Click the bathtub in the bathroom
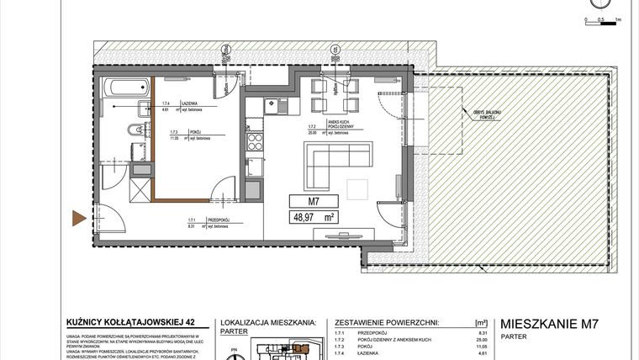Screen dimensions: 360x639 [x=122, y=87]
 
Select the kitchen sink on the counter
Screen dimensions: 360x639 [x=271, y=106]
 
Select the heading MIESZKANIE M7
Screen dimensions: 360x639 [x=549, y=323]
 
